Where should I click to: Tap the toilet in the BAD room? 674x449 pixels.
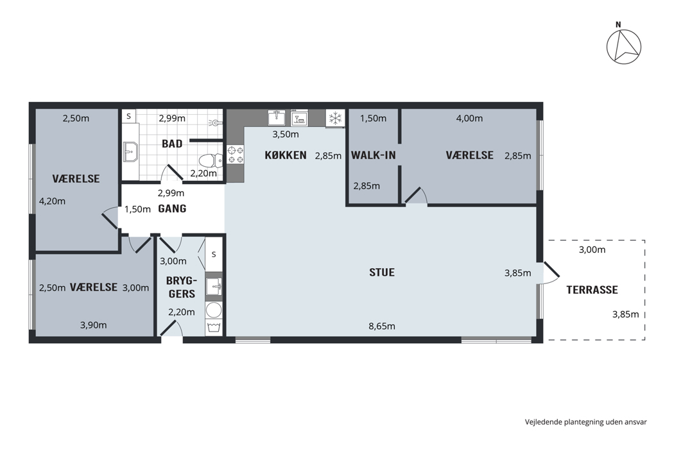(x=211, y=161)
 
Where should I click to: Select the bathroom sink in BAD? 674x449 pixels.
(x=130, y=151)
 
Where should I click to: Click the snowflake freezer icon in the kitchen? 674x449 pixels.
(x=335, y=118)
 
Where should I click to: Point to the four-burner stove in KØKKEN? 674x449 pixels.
(x=236, y=155)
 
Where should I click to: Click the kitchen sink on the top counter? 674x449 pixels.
(x=277, y=117)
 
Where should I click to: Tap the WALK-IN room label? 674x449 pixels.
(x=373, y=155)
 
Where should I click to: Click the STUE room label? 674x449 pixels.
(x=382, y=273)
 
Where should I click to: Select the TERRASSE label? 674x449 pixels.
(x=592, y=289)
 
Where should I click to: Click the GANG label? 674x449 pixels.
(x=172, y=209)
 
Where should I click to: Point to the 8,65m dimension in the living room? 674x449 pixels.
(x=382, y=326)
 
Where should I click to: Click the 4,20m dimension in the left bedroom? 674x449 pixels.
(x=52, y=201)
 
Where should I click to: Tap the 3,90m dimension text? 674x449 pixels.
(x=93, y=325)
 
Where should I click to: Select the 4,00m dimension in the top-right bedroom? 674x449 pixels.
(x=469, y=118)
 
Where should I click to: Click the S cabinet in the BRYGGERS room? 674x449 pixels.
(x=214, y=255)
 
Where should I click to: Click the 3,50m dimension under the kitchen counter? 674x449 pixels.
(x=286, y=135)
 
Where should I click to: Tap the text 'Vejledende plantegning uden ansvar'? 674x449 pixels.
(x=585, y=422)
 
